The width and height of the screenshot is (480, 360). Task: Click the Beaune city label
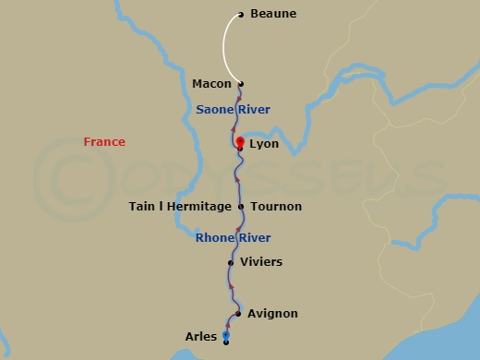[x=274, y=14]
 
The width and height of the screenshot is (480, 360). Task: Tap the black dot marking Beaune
[x=241, y=14]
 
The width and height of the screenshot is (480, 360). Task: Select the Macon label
[x=211, y=84]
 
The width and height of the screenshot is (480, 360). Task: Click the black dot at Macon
[x=241, y=84]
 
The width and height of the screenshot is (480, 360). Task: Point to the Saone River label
[x=233, y=110]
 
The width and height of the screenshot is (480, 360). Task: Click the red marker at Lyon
[x=240, y=141]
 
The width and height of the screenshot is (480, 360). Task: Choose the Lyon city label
[x=264, y=146]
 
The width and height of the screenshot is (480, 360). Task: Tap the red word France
[x=104, y=142]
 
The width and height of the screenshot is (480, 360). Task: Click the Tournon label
[x=276, y=207]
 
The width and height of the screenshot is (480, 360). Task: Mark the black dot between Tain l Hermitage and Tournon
[x=241, y=207]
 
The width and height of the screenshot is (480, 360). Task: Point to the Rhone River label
[x=233, y=238]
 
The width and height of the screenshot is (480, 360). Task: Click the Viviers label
[x=261, y=262]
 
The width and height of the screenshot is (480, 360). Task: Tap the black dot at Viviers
[x=231, y=262]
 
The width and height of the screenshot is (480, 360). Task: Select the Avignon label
[x=273, y=314]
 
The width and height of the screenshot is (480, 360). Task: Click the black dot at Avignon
[x=238, y=314]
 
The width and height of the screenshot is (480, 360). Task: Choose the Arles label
[x=201, y=338]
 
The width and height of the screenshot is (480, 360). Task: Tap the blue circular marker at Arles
[x=226, y=335]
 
